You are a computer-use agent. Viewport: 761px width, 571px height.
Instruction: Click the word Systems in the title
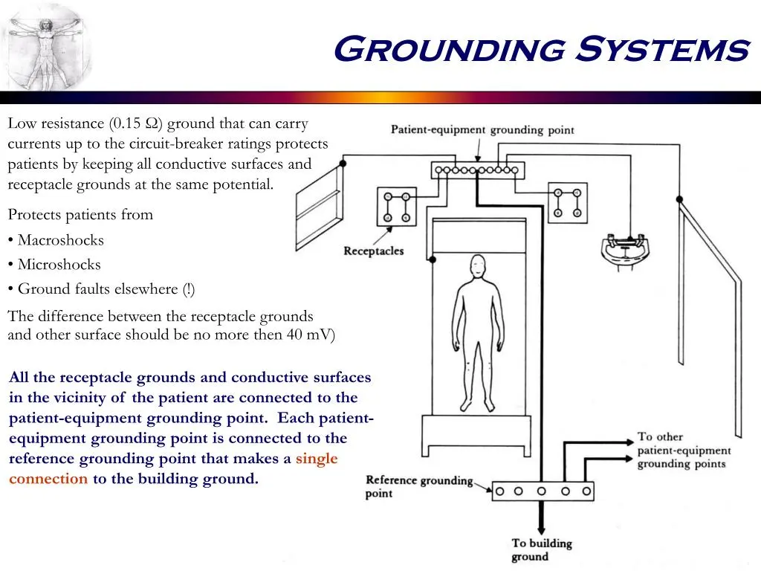click(x=662, y=49)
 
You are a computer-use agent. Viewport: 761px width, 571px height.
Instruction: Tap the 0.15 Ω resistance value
click(x=136, y=123)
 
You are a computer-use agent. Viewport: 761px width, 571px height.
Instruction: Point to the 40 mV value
click(x=308, y=335)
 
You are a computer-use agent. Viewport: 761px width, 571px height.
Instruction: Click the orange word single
click(x=317, y=458)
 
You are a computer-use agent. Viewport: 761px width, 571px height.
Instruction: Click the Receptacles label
click(x=374, y=251)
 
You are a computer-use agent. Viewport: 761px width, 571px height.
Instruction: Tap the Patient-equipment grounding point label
click(x=482, y=129)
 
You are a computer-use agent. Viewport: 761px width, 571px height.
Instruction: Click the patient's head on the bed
click(x=478, y=267)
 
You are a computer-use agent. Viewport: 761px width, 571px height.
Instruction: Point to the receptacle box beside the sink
click(x=567, y=203)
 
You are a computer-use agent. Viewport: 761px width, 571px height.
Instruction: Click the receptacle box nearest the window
click(x=397, y=207)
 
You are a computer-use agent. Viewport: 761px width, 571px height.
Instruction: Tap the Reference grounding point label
click(x=419, y=486)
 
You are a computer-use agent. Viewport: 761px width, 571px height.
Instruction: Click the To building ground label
click(x=542, y=549)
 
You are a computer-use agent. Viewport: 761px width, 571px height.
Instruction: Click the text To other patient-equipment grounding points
click(x=684, y=450)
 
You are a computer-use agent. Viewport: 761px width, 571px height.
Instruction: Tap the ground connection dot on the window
click(x=343, y=163)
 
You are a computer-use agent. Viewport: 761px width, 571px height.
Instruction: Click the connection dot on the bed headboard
click(x=433, y=259)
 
